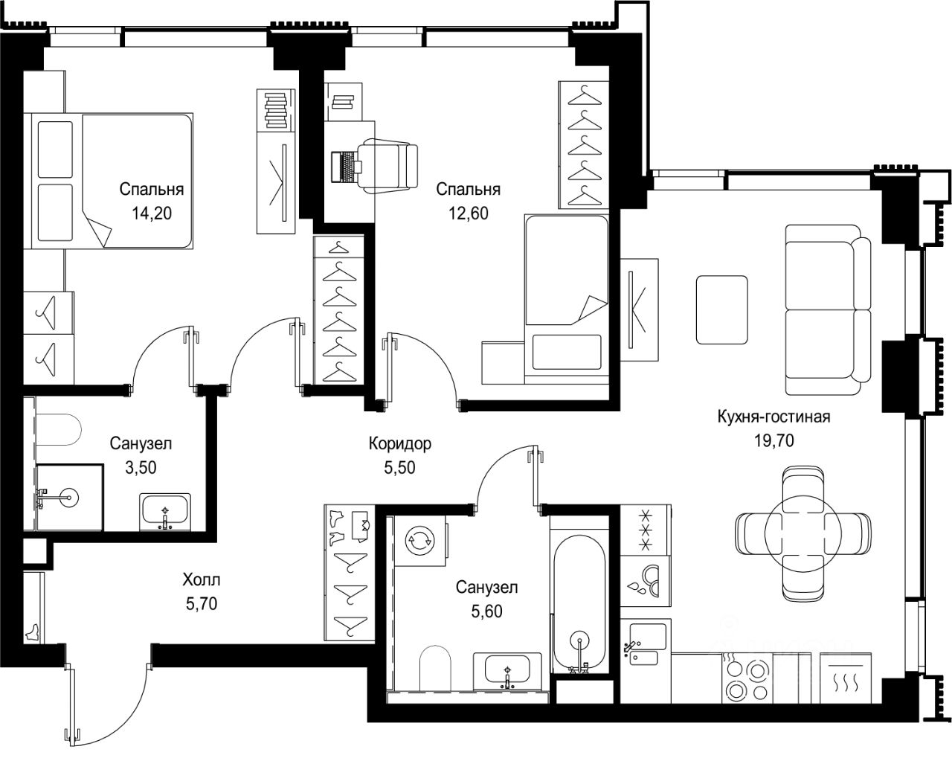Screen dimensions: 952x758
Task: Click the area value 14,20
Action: tap(152, 213)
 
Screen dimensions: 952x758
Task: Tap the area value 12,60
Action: tap(469, 213)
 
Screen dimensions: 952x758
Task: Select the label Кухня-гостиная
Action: tap(773, 417)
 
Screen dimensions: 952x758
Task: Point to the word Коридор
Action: tap(400, 443)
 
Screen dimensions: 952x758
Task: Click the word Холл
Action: tap(202, 579)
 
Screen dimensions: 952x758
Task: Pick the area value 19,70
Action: tap(774, 440)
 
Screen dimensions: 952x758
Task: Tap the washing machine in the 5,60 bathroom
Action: tap(419, 540)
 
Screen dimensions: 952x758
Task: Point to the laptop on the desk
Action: tap(347, 167)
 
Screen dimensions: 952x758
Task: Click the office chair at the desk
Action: tap(389, 166)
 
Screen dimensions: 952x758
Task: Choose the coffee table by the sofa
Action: tap(722, 309)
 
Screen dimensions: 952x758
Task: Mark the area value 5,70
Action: tap(202, 603)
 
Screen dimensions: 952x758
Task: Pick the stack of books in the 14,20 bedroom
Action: tap(276, 110)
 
